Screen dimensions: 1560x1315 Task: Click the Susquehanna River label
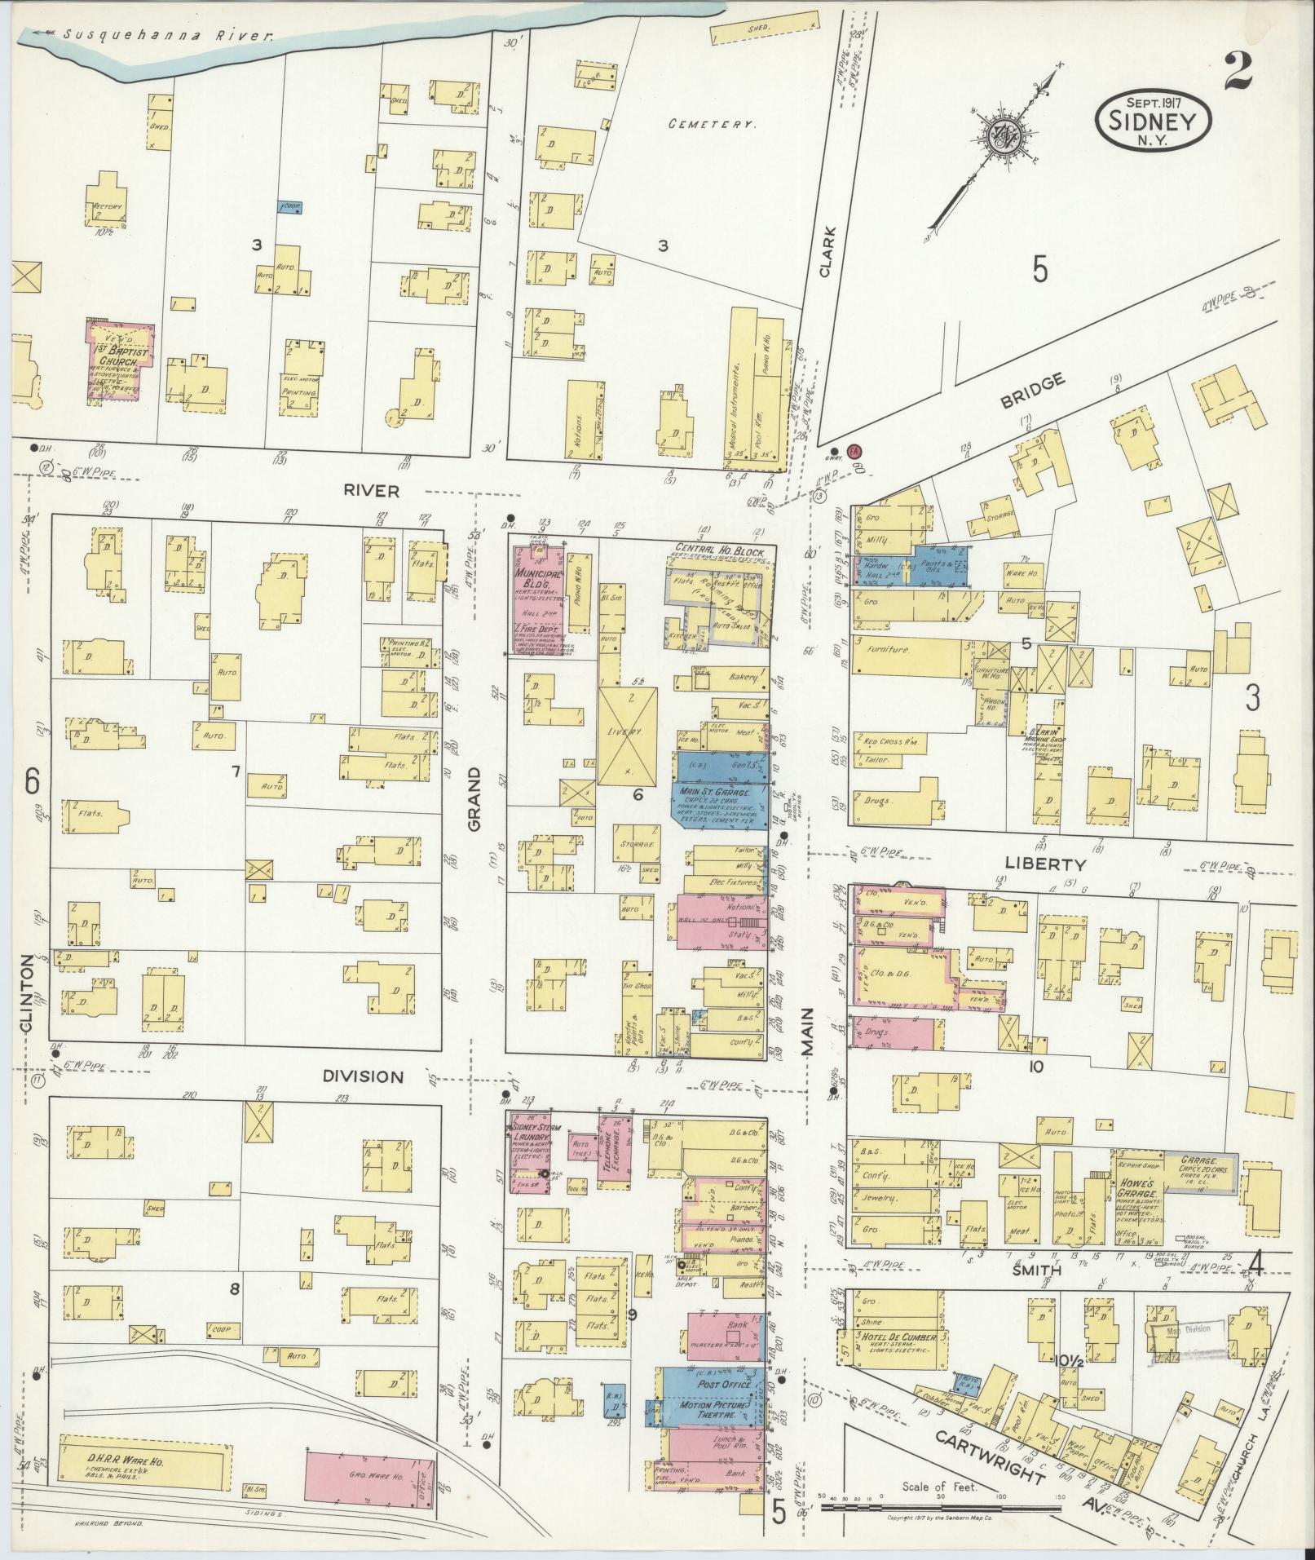[167, 35]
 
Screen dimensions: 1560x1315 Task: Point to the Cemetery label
[712, 125]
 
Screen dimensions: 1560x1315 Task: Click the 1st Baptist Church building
[121, 360]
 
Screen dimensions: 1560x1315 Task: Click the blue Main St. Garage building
[719, 803]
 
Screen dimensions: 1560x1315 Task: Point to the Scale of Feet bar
[939, 1508]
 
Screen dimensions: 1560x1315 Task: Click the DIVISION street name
[363, 1076]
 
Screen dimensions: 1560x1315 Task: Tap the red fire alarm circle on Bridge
[854, 450]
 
